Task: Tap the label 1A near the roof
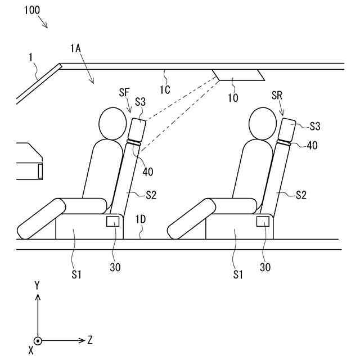pyautogui.click(x=76, y=49)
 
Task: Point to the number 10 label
pyautogui.click(x=232, y=98)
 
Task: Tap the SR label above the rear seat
pyautogui.click(x=277, y=96)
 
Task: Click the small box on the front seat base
pyautogui.click(x=112, y=221)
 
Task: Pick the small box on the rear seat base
pyautogui.click(x=263, y=221)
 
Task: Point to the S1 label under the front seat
pyautogui.click(x=76, y=274)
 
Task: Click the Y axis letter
pyautogui.click(x=37, y=286)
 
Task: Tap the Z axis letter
pyautogui.click(x=90, y=340)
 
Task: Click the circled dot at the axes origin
pyautogui.click(x=37, y=340)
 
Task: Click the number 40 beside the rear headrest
pyautogui.click(x=313, y=145)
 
